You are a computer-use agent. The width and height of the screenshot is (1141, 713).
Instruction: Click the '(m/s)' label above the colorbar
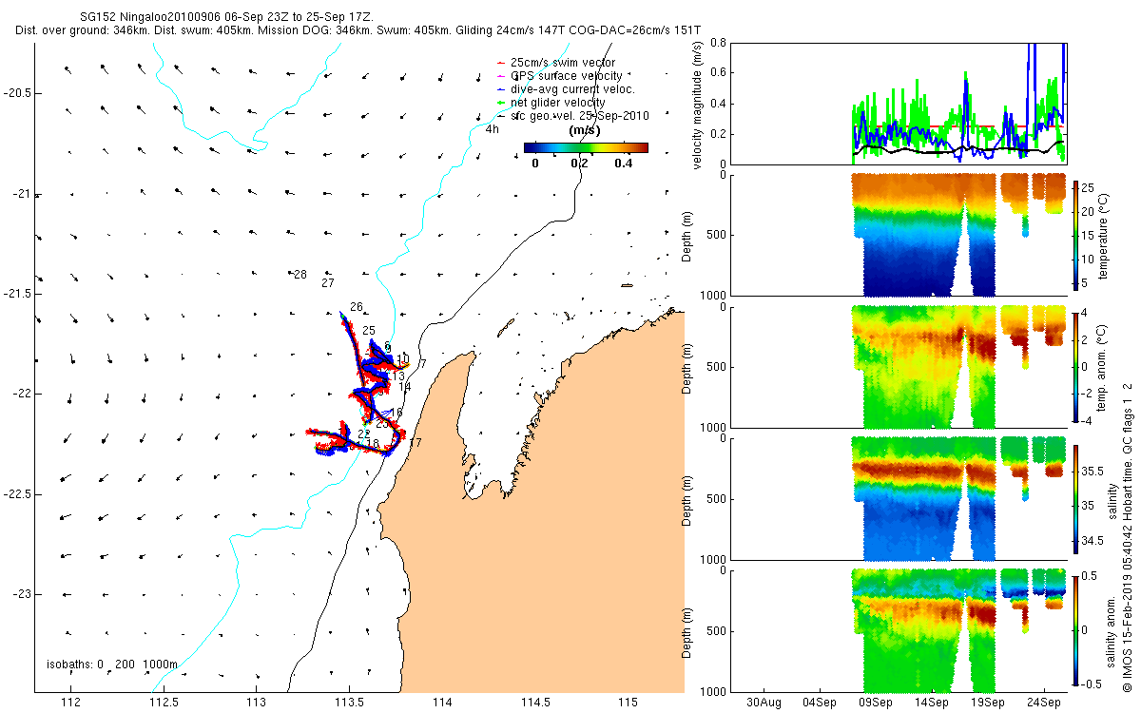[x=583, y=130]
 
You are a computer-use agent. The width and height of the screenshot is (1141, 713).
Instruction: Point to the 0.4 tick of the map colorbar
[x=624, y=163]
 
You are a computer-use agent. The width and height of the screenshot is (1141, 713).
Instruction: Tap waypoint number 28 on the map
[x=300, y=275]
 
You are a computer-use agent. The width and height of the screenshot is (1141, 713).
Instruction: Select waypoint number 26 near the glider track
[x=357, y=307]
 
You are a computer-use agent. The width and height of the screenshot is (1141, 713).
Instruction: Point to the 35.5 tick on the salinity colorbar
[x=1093, y=472]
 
